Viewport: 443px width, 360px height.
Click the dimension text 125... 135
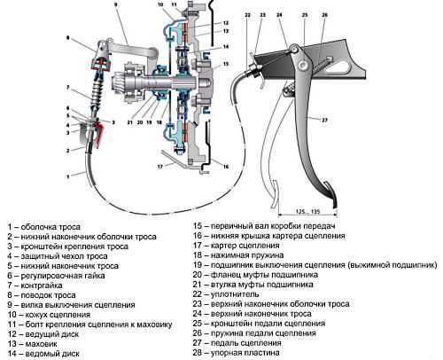pyautogui.click(x=307, y=211)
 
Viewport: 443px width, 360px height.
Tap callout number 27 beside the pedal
pyautogui.click(x=324, y=120)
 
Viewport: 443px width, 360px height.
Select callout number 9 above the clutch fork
pyautogui.click(x=115, y=4)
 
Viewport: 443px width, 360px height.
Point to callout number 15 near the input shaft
pyautogui.click(x=226, y=64)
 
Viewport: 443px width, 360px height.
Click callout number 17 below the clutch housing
pyautogui.click(x=160, y=167)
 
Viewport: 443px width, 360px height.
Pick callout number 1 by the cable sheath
pyautogui.click(x=68, y=176)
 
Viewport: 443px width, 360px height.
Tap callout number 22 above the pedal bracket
pyautogui.click(x=247, y=15)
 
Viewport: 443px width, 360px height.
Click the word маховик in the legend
pyautogui.click(x=41, y=344)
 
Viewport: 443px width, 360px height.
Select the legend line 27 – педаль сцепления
pyautogui.click(x=237, y=343)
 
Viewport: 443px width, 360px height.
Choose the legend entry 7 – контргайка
pyautogui.click(x=35, y=286)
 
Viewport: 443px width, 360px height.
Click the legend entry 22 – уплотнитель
pyautogui.click(x=226, y=294)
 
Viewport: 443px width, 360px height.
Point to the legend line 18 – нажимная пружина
pyautogui.click(x=238, y=255)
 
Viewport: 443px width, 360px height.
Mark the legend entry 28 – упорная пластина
pyautogui.click(x=236, y=353)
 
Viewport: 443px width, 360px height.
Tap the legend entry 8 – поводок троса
pyautogui.click(x=42, y=295)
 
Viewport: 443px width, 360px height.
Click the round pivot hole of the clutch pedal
pyautogui.click(x=302, y=65)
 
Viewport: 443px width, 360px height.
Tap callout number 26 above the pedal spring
pyautogui.click(x=324, y=15)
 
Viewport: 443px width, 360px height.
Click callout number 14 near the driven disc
pyautogui.click(x=226, y=46)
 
